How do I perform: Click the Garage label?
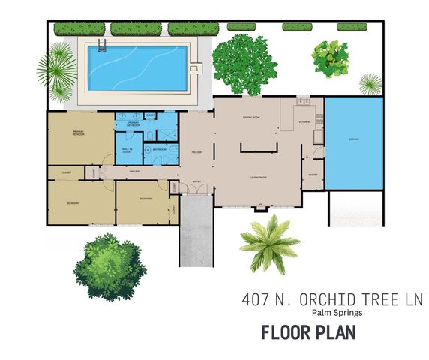click(352, 139)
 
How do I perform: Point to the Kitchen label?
click(304, 121)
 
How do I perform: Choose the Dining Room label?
click(250, 118)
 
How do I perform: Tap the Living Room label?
click(259, 178)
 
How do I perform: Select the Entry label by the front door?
click(198, 181)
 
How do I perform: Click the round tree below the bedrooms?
click(108, 266)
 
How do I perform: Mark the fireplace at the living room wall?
click(261, 208)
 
